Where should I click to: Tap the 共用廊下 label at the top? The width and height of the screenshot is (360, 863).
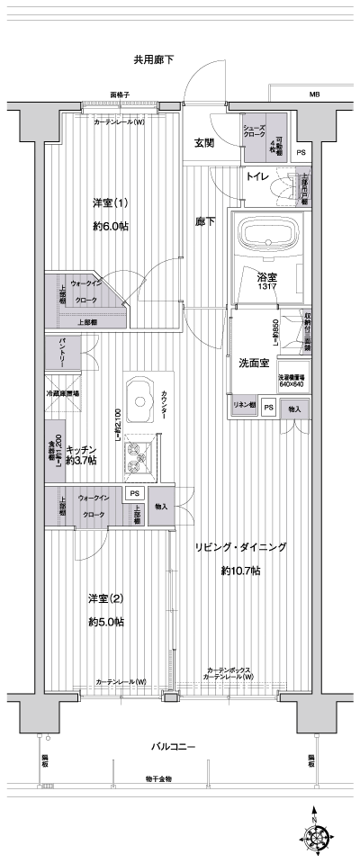tap(153, 60)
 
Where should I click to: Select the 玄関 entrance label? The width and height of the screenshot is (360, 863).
tap(203, 142)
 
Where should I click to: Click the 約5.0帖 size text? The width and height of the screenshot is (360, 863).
tap(106, 622)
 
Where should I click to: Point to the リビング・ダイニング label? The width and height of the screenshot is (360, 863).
tap(240, 546)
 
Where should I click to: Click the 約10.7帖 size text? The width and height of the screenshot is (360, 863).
tap(240, 571)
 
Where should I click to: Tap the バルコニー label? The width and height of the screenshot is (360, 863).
tap(173, 746)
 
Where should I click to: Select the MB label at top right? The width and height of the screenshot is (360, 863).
tap(315, 94)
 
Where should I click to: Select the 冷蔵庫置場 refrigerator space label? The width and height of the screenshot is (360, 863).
tap(63, 394)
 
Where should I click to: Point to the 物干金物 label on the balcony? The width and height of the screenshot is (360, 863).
tap(158, 779)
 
